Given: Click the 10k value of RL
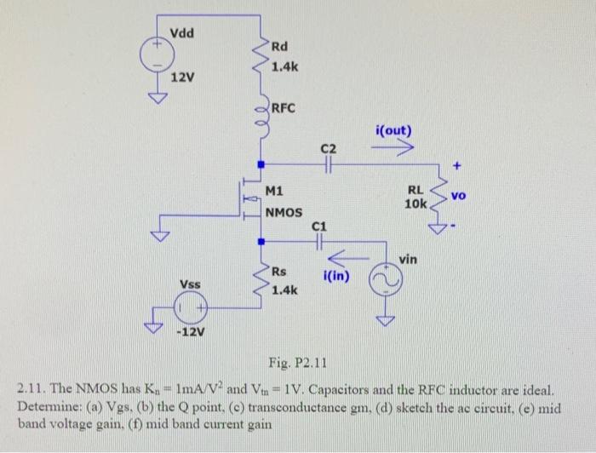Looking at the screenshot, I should pyautogui.click(x=415, y=205).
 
